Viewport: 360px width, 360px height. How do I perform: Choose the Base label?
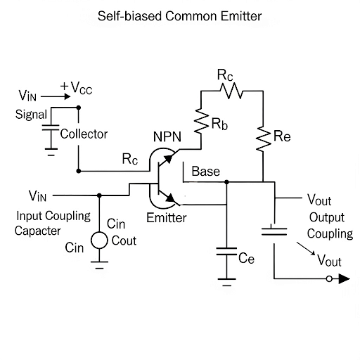pyautogui.click(x=205, y=172)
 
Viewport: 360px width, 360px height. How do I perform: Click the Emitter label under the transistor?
pyautogui.click(x=167, y=218)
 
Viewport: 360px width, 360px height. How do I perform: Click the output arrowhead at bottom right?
pyautogui.click(x=342, y=279)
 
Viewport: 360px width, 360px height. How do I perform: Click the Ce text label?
pyautogui.click(x=247, y=259)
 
